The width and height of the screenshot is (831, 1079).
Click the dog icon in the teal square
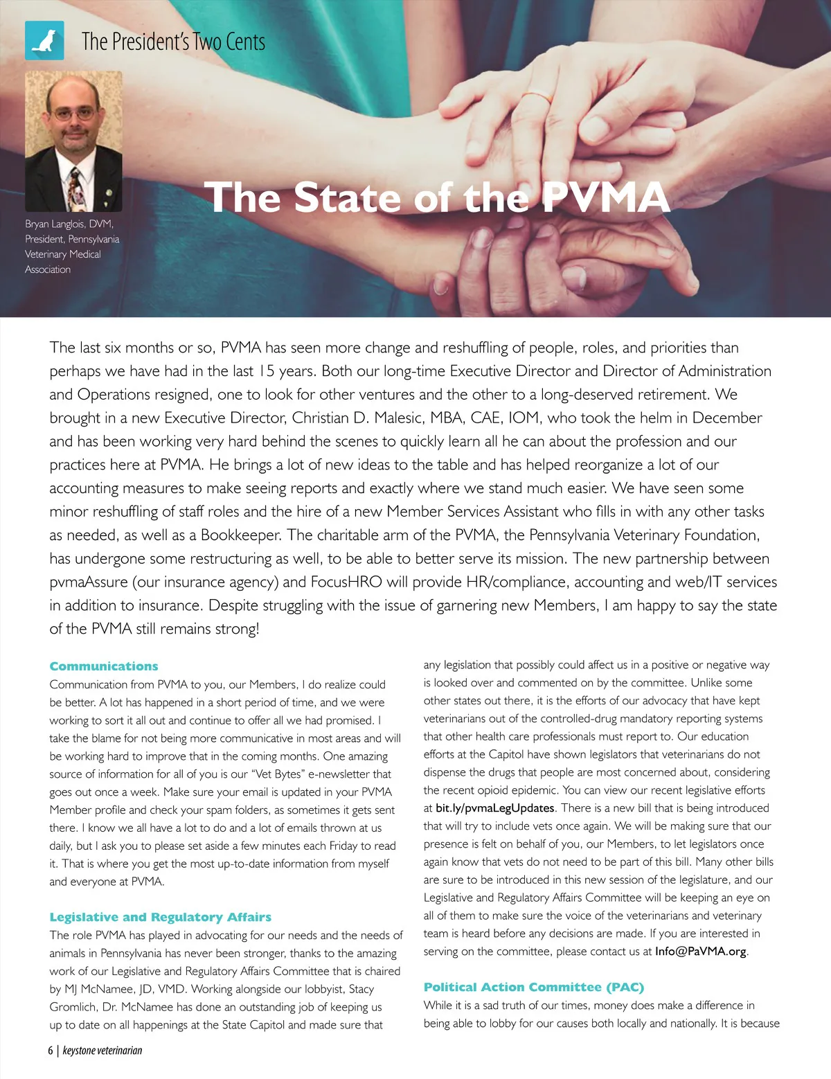point(44,41)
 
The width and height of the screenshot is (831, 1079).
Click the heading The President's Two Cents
point(173,42)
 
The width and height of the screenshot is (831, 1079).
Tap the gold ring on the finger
point(537,97)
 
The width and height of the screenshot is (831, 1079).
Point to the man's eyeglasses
point(74,112)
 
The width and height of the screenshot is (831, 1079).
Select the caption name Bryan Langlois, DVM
point(69,224)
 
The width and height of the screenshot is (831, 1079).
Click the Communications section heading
point(104,666)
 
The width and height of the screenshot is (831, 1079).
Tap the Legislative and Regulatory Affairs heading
point(160,917)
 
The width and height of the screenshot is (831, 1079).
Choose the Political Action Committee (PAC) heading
point(533,987)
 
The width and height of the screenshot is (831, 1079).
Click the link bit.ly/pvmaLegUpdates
point(494,808)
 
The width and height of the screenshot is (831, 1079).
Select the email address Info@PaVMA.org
point(700,952)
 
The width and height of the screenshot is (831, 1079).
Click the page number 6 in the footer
point(51,1051)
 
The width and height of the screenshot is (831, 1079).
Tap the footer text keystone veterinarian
point(102,1051)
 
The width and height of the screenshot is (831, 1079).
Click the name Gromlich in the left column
point(75,1007)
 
